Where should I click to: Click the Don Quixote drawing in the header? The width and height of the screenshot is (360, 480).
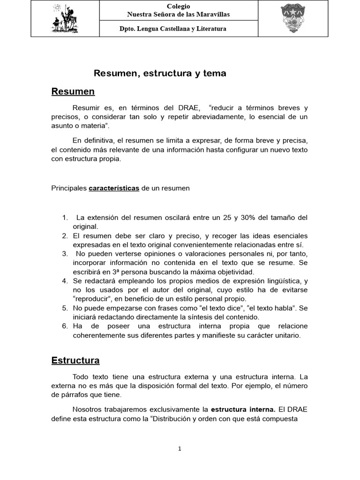point(65,19)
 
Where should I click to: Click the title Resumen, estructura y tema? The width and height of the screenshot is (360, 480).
point(160,74)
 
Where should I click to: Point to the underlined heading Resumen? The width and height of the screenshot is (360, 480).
point(73,91)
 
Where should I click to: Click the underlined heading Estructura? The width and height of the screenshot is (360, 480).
point(75,360)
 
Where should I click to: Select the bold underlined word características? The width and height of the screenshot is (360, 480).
point(114,188)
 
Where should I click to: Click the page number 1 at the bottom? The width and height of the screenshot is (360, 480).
point(180,449)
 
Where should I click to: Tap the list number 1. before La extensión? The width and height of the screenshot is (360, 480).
point(65,217)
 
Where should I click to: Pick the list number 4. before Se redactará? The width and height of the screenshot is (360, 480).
point(65,281)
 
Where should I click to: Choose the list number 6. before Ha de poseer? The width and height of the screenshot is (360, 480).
point(65,326)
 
